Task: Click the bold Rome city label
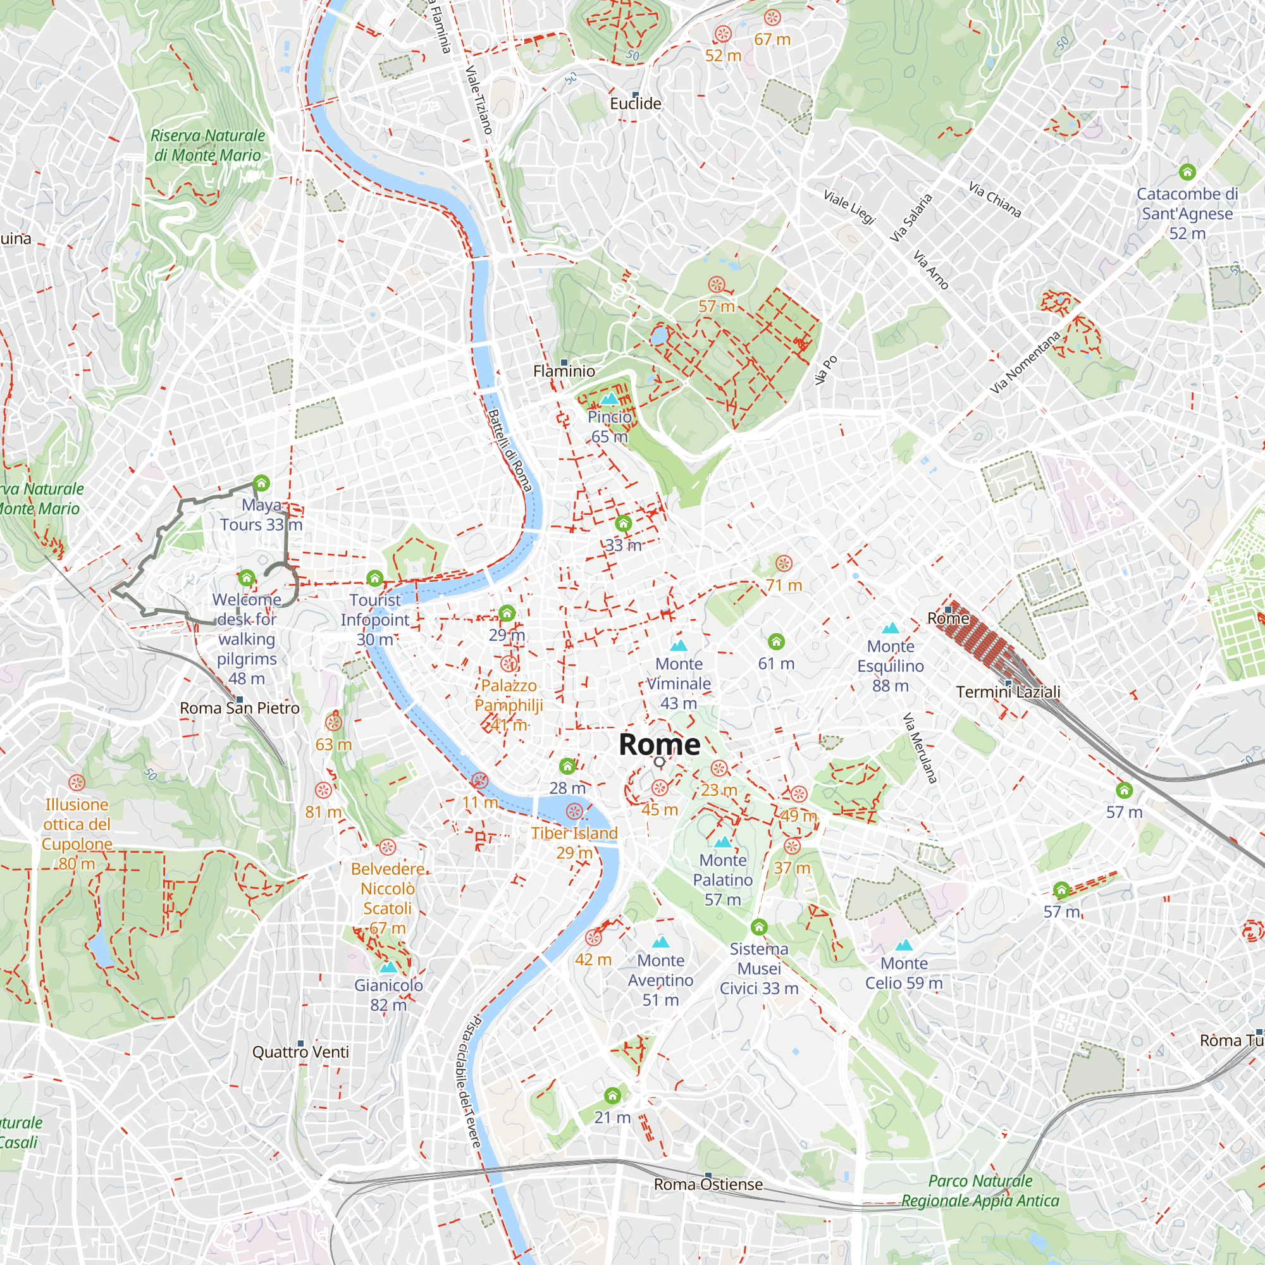pos(659,744)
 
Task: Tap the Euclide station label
pos(635,104)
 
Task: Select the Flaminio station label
pos(564,371)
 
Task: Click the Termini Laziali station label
pos(1008,692)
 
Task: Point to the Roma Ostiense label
pos(708,1185)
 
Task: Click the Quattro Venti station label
pos(300,1052)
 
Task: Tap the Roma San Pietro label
pos(240,708)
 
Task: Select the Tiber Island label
pos(574,834)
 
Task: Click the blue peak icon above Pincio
pos(609,398)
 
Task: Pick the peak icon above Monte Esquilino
pos(890,628)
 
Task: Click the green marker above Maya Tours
pos(261,484)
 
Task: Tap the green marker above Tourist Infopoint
pos(374,578)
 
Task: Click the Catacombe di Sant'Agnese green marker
pos(1187,172)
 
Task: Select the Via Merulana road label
pos(919,748)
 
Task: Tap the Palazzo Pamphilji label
pos(509,695)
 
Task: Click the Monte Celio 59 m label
pos(904,973)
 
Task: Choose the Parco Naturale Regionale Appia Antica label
pos(980,1190)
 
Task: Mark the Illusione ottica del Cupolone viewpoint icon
pos(77,782)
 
